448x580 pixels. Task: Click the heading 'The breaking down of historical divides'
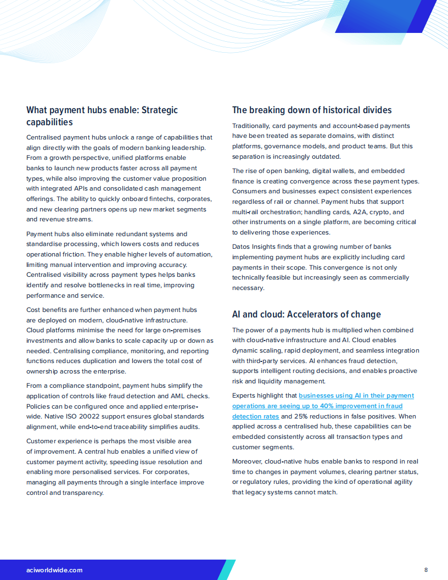312,110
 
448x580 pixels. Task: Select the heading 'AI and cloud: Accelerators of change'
306,315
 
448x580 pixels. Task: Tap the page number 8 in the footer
426,570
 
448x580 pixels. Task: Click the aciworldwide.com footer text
54,570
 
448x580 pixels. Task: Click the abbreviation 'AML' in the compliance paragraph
165,396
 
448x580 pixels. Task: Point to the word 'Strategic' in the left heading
159,110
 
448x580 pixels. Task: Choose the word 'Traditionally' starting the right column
253,126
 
